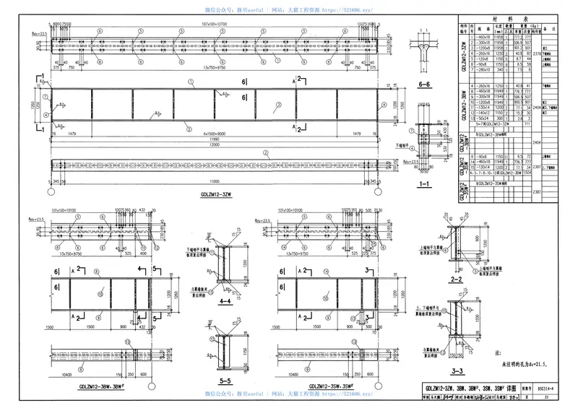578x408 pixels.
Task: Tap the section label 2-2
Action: tap(456, 278)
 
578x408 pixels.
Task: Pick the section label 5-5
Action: tap(225, 381)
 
